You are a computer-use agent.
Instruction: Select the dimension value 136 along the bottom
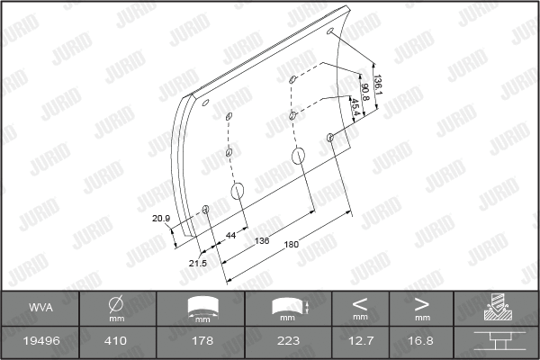click(x=262, y=241)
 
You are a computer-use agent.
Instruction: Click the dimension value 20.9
click(x=161, y=219)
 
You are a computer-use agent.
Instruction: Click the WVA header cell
click(x=40, y=308)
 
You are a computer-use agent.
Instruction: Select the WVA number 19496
click(x=40, y=341)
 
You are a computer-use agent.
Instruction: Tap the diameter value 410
click(x=116, y=341)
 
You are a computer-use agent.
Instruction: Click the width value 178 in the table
click(x=202, y=341)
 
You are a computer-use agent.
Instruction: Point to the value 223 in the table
click(x=289, y=341)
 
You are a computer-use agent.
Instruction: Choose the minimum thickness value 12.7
click(x=361, y=341)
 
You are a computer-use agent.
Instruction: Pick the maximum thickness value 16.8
click(x=421, y=341)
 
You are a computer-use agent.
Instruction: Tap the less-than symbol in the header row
click(x=361, y=303)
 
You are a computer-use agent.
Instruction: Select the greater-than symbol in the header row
click(x=421, y=303)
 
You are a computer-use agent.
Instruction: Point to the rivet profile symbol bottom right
click(x=495, y=341)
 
